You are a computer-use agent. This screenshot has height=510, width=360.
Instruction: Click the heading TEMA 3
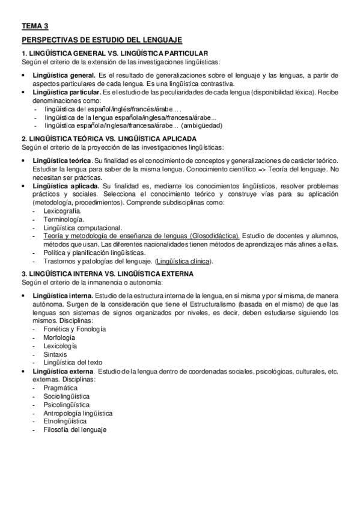[35, 26]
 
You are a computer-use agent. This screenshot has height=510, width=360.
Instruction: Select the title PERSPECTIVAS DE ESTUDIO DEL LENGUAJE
[101, 40]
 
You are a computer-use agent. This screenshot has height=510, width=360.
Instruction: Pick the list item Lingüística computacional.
[82, 228]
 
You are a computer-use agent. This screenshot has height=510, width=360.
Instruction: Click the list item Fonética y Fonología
[75, 330]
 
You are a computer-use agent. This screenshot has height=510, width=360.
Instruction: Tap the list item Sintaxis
[55, 355]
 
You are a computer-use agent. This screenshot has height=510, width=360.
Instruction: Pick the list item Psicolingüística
[67, 405]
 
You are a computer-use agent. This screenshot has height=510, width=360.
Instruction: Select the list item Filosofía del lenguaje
[75, 431]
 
